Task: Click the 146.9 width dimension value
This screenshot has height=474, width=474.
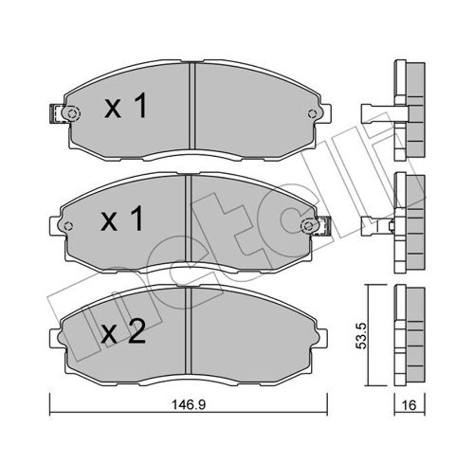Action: coord(189,405)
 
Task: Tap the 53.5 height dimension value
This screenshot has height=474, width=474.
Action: coord(362,336)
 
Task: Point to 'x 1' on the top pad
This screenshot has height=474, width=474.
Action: coord(126,106)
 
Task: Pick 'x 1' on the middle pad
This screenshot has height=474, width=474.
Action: coord(122,219)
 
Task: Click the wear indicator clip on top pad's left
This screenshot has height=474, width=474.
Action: coord(56,114)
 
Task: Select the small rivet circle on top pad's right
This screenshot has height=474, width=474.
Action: coord(312,114)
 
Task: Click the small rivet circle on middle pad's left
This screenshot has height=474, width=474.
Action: coord(68,226)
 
